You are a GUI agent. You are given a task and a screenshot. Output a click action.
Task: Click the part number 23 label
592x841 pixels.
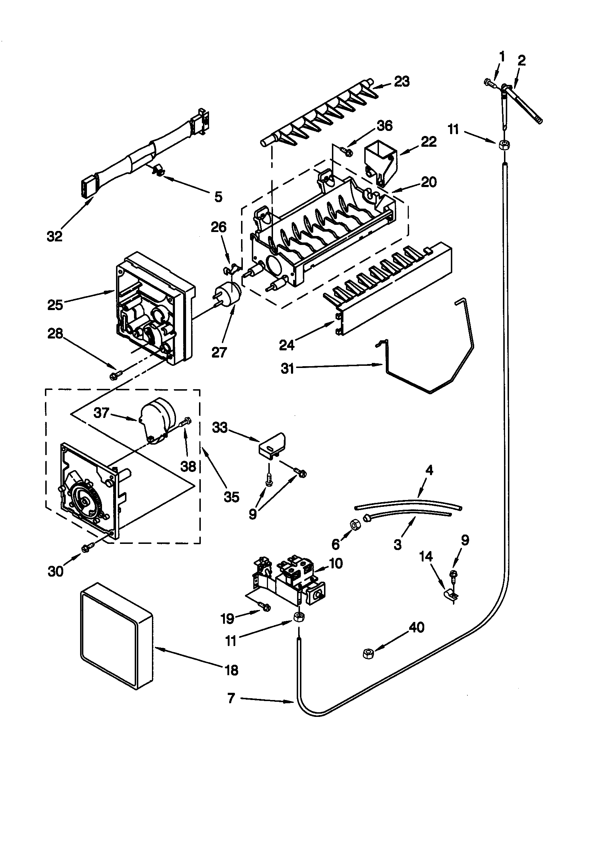click(x=402, y=82)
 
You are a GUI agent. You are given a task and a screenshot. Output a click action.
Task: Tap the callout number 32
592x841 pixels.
click(x=55, y=236)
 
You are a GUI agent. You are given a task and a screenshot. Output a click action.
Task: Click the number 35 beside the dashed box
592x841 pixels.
click(x=231, y=497)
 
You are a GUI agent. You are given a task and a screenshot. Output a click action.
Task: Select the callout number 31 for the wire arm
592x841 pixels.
click(x=287, y=368)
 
